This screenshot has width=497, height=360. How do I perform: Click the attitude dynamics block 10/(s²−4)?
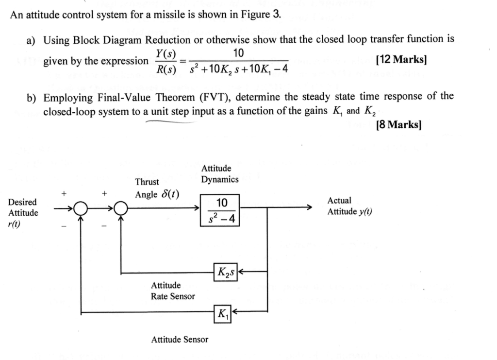[x=220, y=210]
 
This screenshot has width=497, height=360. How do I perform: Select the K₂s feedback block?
[x=224, y=272]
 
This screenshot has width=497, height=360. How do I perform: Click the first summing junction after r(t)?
[x=82, y=209]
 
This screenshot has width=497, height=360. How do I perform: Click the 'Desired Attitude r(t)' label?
[x=22, y=213]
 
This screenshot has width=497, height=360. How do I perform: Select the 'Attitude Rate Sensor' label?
[x=173, y=291]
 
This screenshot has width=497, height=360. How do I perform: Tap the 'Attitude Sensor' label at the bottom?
[x=180, y=340]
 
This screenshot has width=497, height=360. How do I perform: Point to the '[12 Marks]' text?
[x=401, y=60]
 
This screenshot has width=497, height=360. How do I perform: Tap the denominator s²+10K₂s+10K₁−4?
[x=239, y=69]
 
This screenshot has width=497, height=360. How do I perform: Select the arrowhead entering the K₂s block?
[x=240, y=272]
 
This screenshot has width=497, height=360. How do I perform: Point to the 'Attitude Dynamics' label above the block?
[x=220, y=174]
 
